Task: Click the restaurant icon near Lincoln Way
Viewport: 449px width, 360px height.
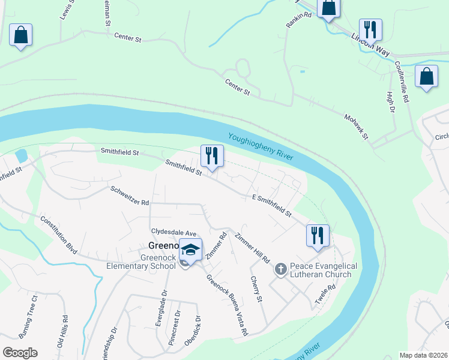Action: tap(370, 29)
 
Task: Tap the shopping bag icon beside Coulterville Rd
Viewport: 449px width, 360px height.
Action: tap(426, 77)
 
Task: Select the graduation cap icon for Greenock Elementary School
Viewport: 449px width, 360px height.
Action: tap(190, 250)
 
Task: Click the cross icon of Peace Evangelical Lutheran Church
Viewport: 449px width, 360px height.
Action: tap(280, 269)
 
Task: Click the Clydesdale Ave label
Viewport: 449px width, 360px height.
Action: tap(174, 232)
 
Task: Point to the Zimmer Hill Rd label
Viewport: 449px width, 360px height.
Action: tap(252, 247)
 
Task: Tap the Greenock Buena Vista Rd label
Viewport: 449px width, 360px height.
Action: tap(228, 305)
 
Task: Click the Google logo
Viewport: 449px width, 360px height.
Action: tap(20, 353)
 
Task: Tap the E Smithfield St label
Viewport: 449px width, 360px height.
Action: tap(272, 205)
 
